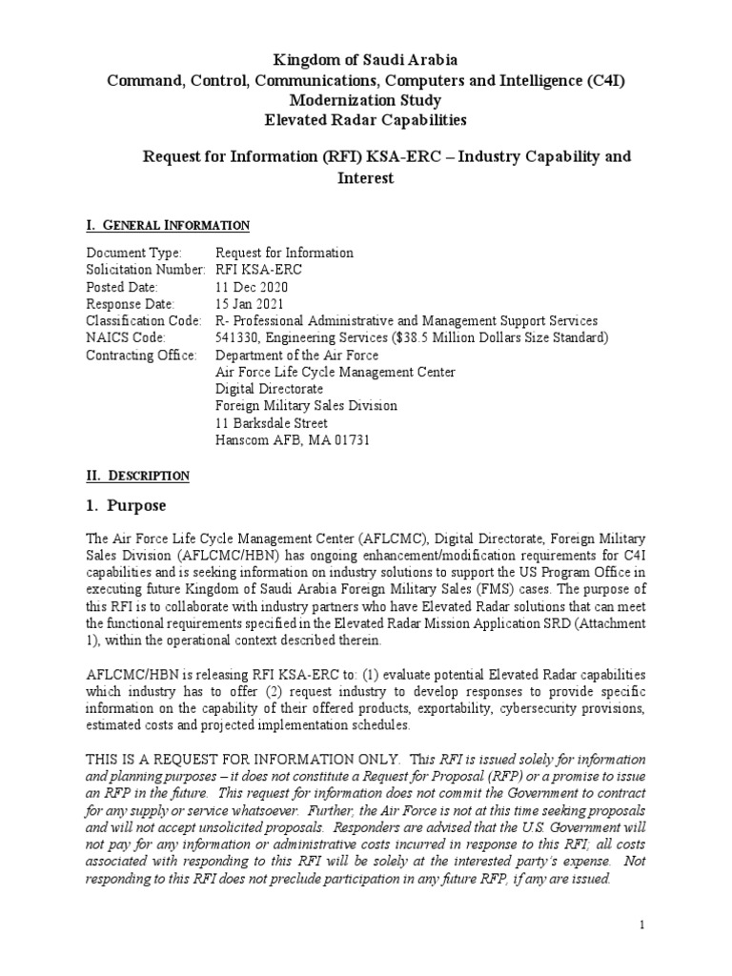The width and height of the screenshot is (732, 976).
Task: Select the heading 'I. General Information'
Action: click(x=168, y=225)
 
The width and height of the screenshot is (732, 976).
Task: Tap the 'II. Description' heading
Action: click(x=138, y=475)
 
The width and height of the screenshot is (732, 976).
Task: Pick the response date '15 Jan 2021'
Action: click(x=250, y=304)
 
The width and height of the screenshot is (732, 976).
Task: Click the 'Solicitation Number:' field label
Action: click(x=145, y=270)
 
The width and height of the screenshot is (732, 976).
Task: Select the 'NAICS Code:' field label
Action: click(x=126, y=337)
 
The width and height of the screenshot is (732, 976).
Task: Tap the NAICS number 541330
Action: click(x=242, y=337)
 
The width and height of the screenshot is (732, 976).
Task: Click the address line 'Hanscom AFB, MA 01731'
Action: click(x=293, y=440)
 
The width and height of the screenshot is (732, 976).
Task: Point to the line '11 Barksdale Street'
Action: click(x=272, y=423)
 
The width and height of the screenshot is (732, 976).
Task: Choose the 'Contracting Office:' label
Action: click(x=141, y=355)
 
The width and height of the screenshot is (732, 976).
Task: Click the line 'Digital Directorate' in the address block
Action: click(x=270, y=389)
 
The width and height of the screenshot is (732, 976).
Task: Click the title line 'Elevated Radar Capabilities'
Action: click(x=367, y=119)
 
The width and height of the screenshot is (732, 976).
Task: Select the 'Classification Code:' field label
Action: click(x=143, y=321)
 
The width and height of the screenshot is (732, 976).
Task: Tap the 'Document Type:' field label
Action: click(x=132, y=253)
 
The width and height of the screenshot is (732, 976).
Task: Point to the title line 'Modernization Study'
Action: click(x=367, y=100)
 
